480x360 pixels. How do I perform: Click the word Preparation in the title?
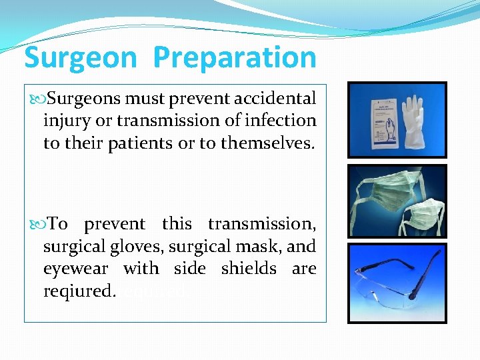coord(235,59)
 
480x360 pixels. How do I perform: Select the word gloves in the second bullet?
coord(139,247)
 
